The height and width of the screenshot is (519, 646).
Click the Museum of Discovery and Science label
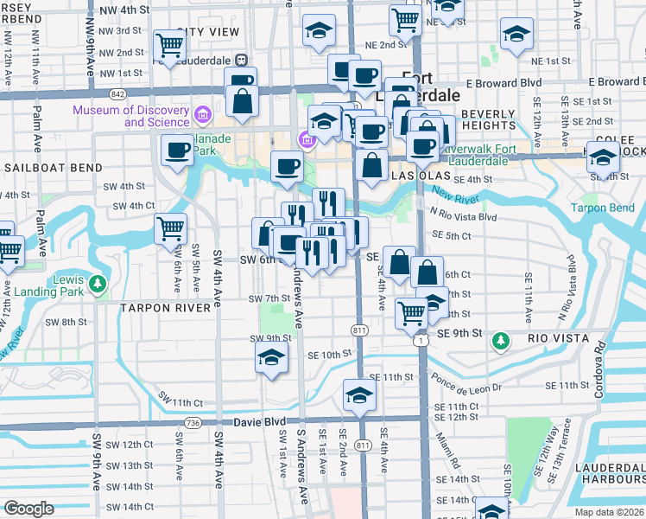(x=130, y=116)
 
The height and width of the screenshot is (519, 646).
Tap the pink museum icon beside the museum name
(x=203, y=114)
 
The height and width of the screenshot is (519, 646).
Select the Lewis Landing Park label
(x=52, y=289)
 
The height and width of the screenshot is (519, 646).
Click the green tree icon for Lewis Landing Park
(x=98, y=283)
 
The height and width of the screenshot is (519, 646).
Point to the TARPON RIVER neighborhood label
(x=165, y=308)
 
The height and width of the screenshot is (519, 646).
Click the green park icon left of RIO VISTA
(x=500, y=342)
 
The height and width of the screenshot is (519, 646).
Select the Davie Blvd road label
(x=259, y=422)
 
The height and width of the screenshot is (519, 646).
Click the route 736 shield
(x=192, y=422)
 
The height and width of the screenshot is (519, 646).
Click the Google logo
(x=28, y=509)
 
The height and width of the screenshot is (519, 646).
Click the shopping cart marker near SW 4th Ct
(x=170, y=229)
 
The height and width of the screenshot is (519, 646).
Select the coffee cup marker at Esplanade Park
(x=178, y=151)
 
